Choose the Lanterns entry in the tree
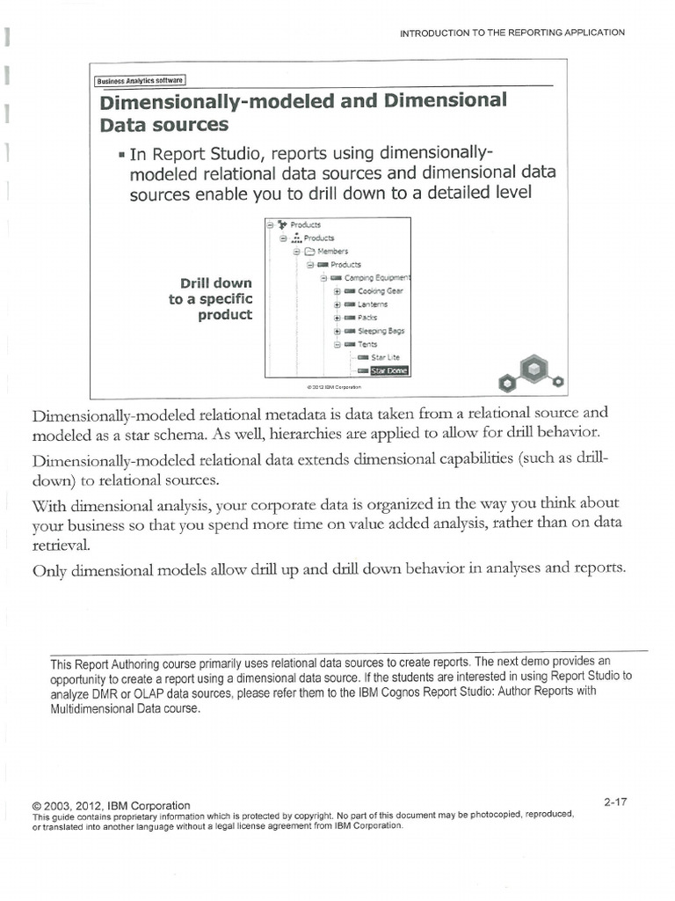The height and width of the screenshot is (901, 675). click(x=373, y=304)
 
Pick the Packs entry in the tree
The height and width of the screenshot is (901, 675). click(x=367, y=318)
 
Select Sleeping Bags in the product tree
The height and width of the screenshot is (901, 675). click(x=381, y=331)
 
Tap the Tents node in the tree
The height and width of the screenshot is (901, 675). click(x=367, y=344)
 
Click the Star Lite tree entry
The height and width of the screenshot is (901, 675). click(x=385, y=357)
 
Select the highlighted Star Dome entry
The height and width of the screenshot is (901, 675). click(x=388, y=370)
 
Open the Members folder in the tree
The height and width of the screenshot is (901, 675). click(x=332, y=251)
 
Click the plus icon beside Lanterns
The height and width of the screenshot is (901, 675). click(x=337, y=304)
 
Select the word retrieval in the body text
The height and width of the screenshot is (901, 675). click(x=61, y=545)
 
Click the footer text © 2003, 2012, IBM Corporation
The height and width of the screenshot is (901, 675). click(x=111, y=805)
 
